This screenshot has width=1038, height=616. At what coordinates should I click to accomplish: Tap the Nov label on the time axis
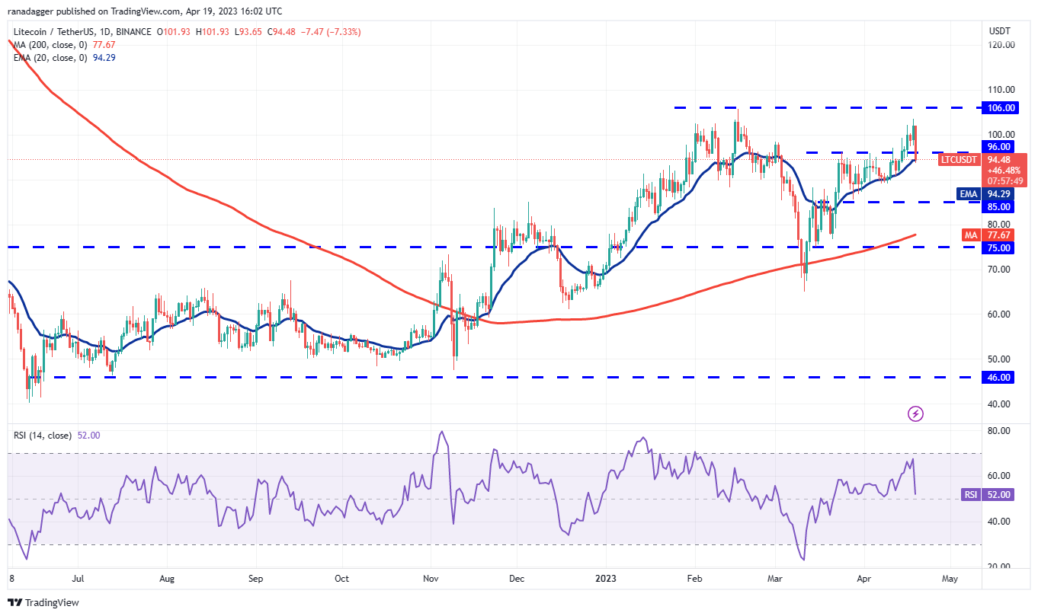431,578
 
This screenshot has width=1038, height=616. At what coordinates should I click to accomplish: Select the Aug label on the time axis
167,578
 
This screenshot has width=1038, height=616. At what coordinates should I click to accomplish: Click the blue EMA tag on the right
968,194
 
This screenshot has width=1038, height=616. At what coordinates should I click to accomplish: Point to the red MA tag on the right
970,235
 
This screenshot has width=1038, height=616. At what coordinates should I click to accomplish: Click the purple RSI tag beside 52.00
970,494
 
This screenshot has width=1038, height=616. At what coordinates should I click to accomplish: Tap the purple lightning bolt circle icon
916,413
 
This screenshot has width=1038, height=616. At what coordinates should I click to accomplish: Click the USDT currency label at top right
999,31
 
